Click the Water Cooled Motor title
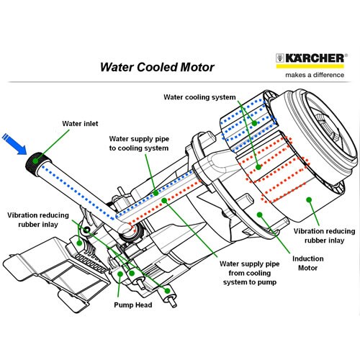[157, 67]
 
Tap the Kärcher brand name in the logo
[315, 58]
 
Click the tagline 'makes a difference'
[315, 75]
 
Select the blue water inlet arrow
[14, 144]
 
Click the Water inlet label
[80, 124]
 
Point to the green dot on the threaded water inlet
[35, 161]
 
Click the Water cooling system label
[199, 97]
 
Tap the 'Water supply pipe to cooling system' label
[139, 143]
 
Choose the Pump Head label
[133, 305]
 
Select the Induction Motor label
[308, 264]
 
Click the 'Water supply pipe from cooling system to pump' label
[250, 273]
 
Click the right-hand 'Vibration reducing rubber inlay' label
[325, 235]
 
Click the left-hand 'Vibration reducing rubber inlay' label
[38, 220]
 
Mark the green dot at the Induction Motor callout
[260, 215]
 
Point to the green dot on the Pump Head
[120, 274]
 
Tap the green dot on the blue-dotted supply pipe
[156, 193]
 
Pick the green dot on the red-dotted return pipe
[164, 200]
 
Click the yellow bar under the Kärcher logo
[310, 66]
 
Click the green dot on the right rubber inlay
[309, 199]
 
